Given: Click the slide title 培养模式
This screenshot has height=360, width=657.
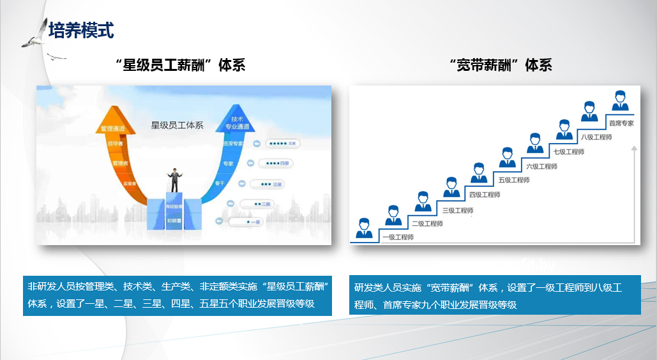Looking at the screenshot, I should coord(81,30).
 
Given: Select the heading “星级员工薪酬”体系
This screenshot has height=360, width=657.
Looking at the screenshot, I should coord(181,65).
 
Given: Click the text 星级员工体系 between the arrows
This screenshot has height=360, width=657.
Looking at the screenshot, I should coord(177,125).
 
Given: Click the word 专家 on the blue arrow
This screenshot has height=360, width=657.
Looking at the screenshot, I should coord(229,164).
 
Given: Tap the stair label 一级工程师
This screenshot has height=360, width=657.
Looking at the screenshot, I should coord(398,237).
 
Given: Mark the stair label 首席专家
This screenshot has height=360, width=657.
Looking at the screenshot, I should coord(621,123).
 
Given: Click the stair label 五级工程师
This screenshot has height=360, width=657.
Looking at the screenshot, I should coord(514,180).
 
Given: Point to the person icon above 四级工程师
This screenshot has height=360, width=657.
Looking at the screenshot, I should coord(479,173).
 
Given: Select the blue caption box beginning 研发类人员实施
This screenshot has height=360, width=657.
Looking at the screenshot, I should coord(495,295).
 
